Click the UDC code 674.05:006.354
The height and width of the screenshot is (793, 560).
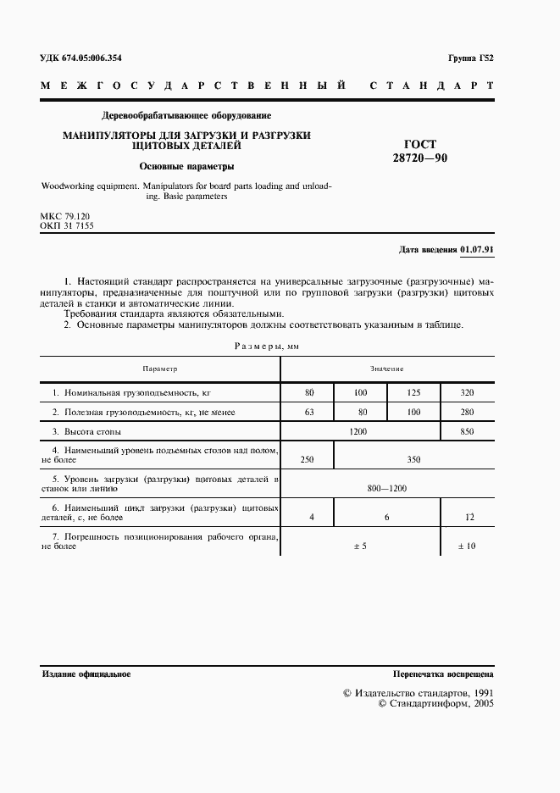tap(81, 58)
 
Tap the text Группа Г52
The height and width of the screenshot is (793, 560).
tap(470, 58)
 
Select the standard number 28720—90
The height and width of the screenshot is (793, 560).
tap(420, 158)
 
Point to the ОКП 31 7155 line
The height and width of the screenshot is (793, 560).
tap(67, 227)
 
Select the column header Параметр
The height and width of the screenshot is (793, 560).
tap(160, 369)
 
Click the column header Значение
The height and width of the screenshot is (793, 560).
tap(386, 369)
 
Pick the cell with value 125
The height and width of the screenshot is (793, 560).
tap(413, 392)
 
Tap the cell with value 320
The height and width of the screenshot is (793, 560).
tap(467, 392)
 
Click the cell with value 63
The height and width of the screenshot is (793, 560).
tap(308, 412)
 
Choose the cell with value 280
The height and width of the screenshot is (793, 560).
tap(467, 412)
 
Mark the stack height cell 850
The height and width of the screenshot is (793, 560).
tap(467, 432)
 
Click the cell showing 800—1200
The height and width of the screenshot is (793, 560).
tap(386, 488)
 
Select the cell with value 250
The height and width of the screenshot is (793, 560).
tap(308, 459)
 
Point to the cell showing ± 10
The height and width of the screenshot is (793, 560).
tap(467, 546)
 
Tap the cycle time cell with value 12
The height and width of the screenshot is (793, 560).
tap(467, 517)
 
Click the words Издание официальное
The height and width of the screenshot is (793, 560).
tap(86, 674)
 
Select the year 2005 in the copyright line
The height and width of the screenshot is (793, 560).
tap(483, 703)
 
